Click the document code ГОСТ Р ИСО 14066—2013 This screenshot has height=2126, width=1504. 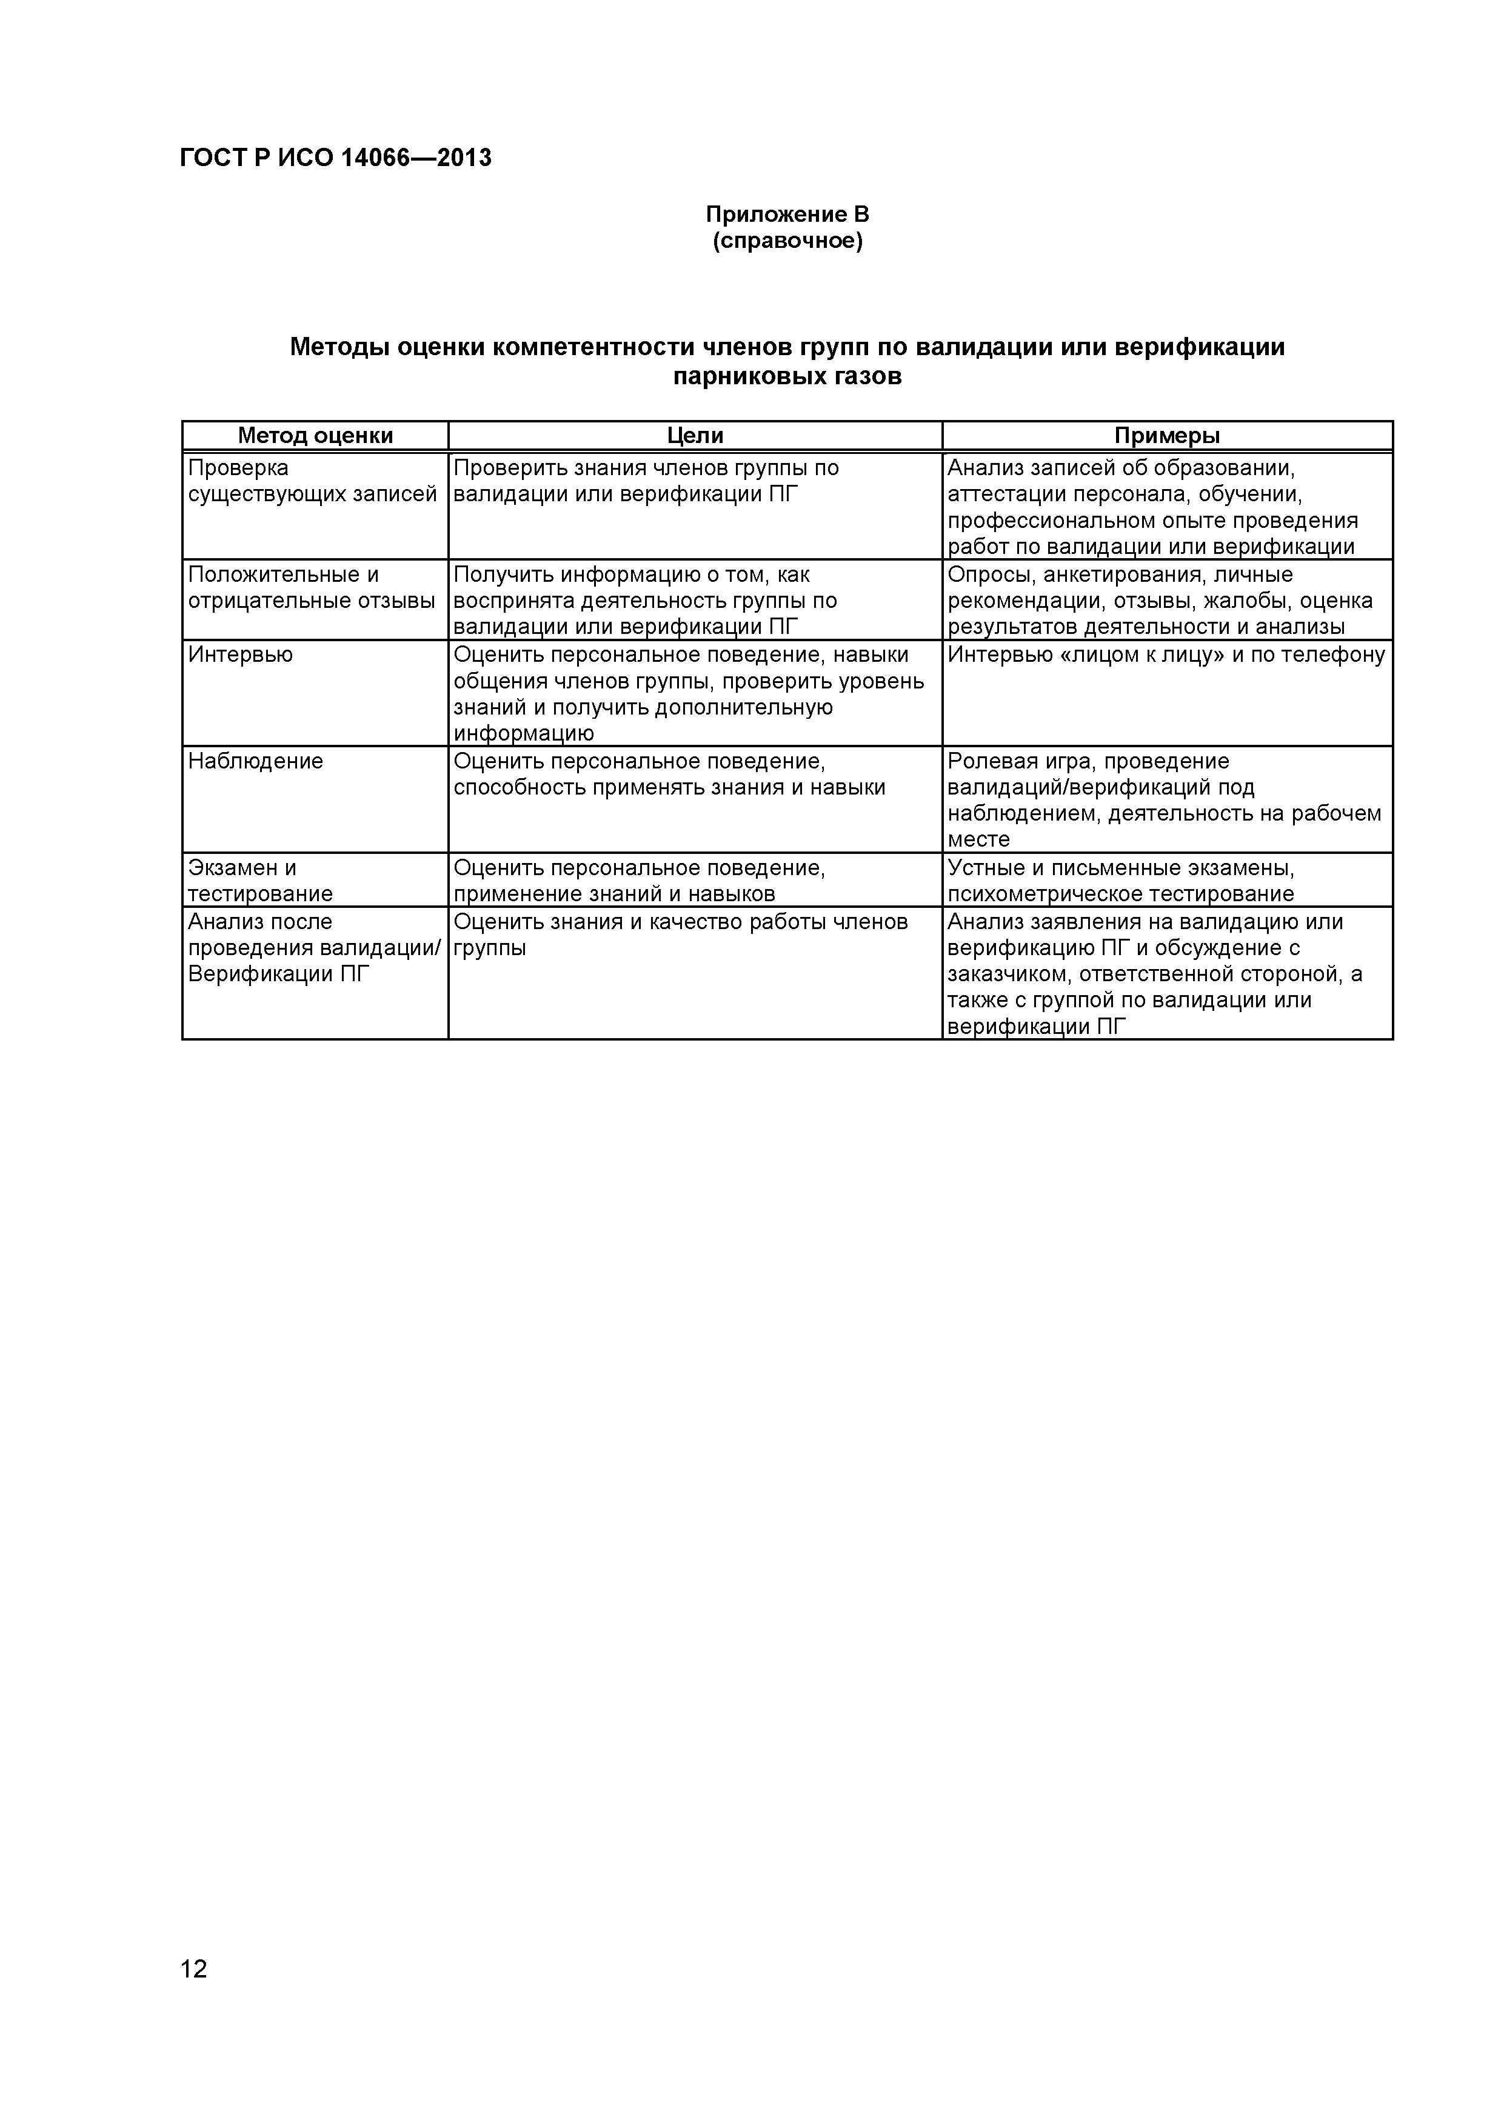[335, 158]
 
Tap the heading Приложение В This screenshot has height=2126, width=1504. [787, 215]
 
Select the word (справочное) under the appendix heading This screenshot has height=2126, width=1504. [787, 242]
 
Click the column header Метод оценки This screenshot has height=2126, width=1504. [315, 435]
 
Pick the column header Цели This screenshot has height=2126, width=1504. [695, 435]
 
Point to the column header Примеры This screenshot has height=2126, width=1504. [1167, 435]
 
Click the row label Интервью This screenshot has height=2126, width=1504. [241, 655]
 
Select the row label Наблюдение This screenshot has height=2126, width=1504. [256, 761]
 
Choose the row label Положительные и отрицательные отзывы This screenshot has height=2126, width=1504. [311, 588]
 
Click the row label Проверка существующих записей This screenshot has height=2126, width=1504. [311, 481]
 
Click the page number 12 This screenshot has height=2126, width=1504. [195, 1994]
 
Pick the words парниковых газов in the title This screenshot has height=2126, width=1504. [787, 377]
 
